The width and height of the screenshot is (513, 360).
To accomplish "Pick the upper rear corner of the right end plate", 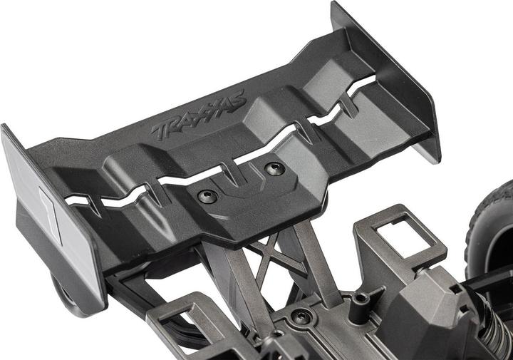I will (x=336, y=7).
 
